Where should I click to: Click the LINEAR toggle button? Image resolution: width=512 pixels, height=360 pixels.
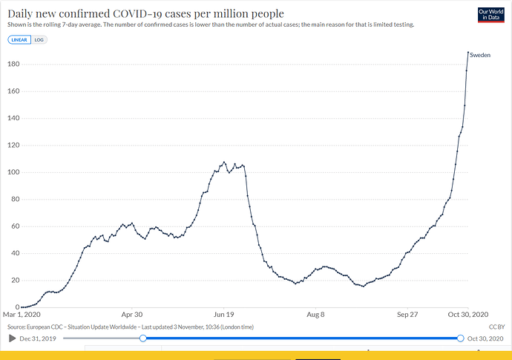(19, 39)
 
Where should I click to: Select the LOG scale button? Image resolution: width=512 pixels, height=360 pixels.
(39, 39)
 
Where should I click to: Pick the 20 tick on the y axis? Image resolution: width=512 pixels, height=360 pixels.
(13, 280)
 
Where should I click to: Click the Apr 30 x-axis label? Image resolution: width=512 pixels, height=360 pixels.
(132, 315)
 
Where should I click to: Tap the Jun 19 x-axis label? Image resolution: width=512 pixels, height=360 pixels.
(224, 315)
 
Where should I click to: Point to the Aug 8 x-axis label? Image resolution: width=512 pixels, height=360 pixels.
(316, 315)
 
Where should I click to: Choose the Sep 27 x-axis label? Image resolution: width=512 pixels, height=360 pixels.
(407, 315)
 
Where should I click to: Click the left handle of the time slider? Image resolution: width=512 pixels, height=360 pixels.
(142, 338)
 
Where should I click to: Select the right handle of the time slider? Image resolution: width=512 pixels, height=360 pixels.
(461, 338)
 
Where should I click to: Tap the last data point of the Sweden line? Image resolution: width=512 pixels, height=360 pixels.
(468, 53)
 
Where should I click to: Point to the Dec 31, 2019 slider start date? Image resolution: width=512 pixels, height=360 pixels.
(39, 338)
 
